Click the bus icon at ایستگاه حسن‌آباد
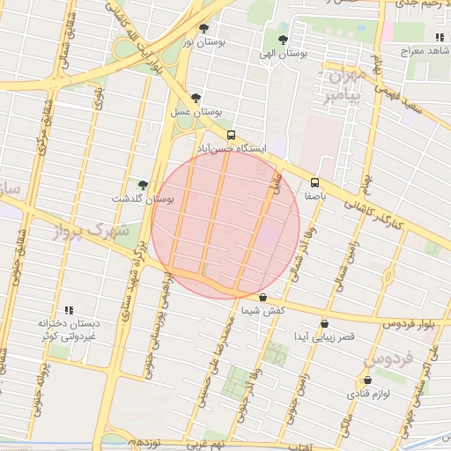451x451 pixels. click(231, 135)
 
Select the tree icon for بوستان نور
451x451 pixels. click(204, 29)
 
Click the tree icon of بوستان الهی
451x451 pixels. click(283, 40)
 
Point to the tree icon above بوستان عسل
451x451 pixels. click(196, 99)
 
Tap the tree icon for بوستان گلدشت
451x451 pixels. click(143, 185)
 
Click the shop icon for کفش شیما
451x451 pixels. click(264, 298)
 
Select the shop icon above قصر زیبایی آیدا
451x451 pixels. click(326, 323)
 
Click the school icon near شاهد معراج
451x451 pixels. click(439, 37)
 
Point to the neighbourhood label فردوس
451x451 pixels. click(388, 360)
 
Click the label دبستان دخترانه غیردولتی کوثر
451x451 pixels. click(70, 330)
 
